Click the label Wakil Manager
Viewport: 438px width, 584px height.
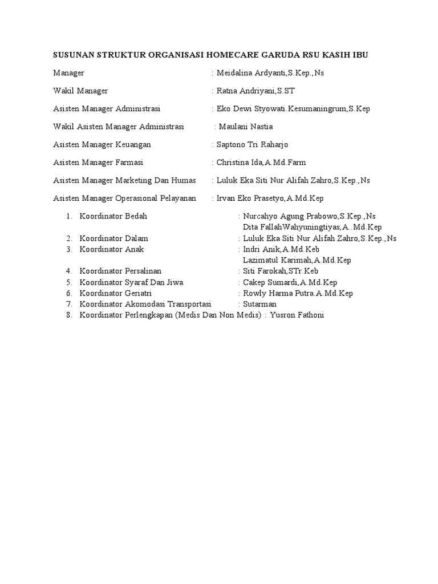(80, 91)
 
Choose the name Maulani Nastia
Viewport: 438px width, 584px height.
(246, 127)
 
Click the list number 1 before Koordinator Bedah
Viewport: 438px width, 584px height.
(68, 216)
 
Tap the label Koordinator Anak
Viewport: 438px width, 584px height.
(112, 249)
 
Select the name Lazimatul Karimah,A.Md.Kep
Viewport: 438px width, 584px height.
(297, 260)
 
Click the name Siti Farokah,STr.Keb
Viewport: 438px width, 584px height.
(281, 271)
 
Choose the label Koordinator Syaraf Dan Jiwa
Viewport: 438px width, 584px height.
(132, 282)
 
